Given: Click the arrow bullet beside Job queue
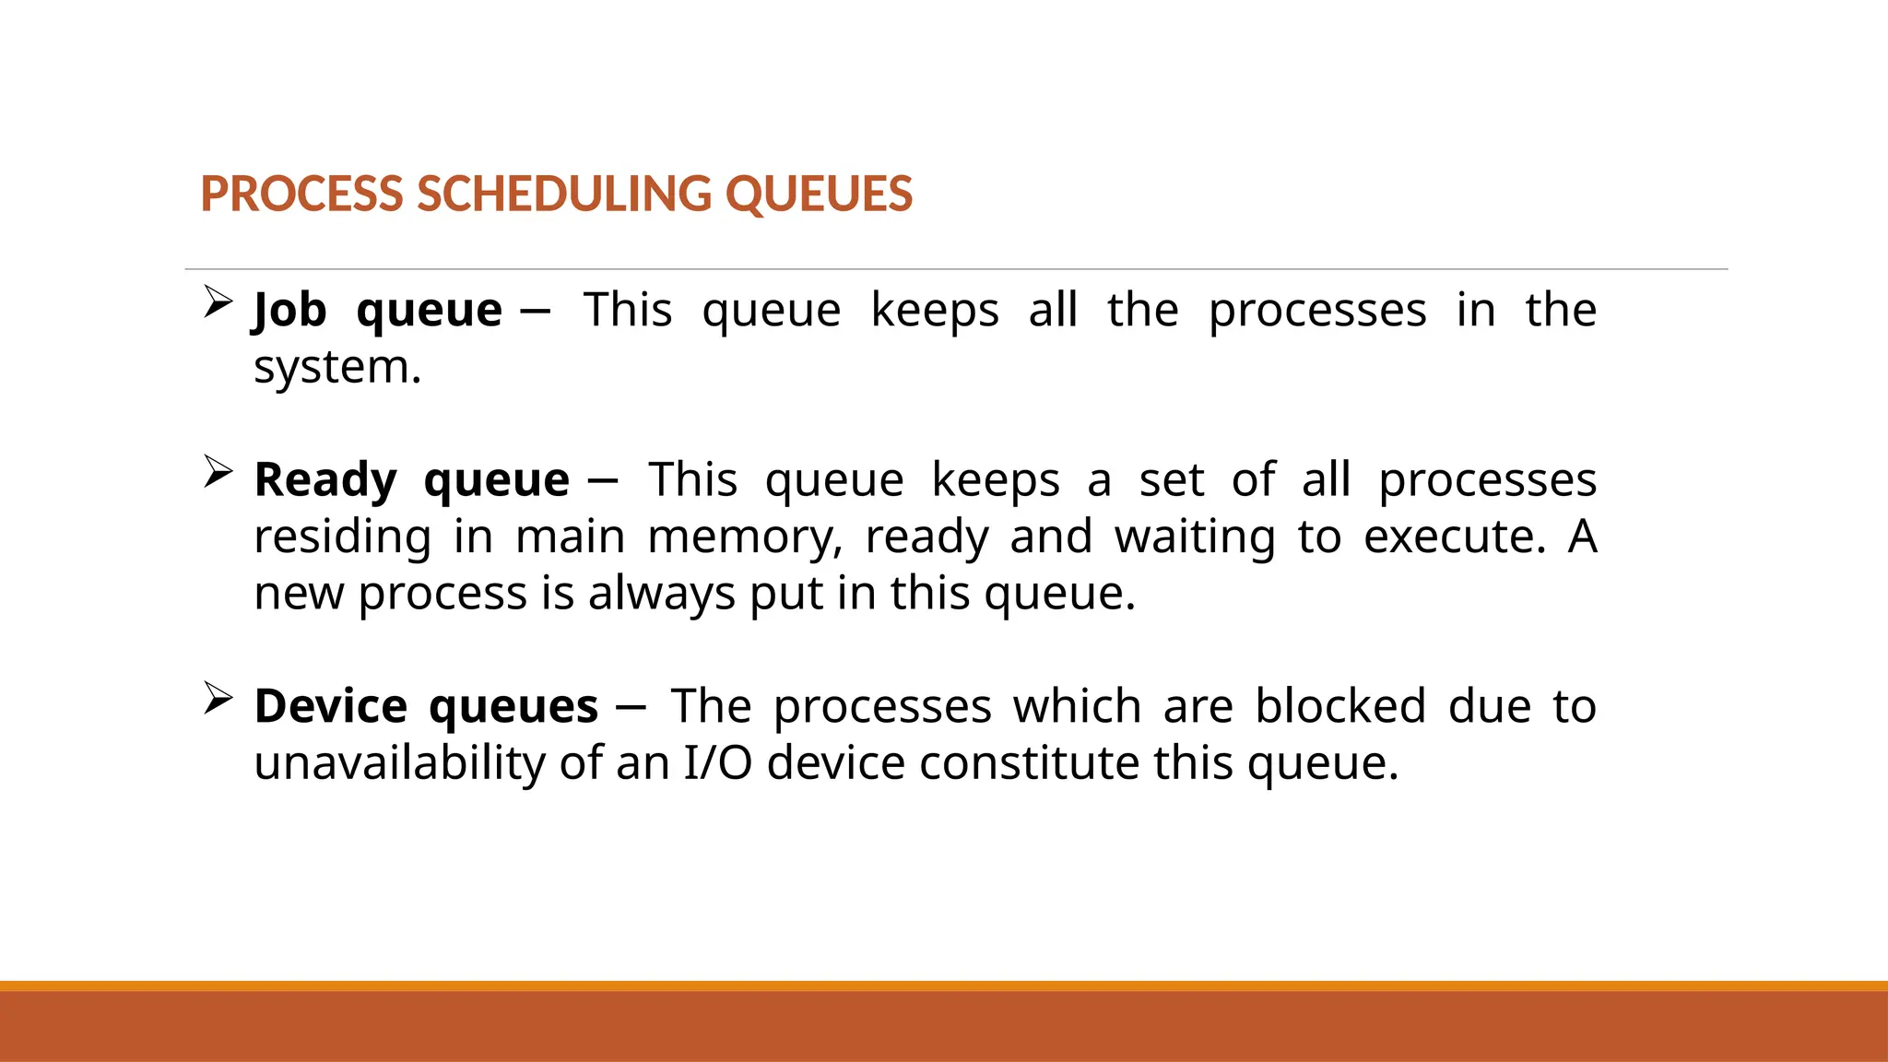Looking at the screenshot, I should click(218, 301).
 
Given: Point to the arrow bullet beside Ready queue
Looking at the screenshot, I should click(218, 471).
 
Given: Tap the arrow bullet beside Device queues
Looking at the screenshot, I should click(218, 698).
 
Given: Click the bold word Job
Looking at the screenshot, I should click(289, 310).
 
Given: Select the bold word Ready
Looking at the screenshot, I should click(325, 480).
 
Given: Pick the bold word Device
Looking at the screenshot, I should click(330, 707).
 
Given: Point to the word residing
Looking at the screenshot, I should click(342, 537).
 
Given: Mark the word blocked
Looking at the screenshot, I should click(1340, 707).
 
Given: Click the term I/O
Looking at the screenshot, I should click(717, 764).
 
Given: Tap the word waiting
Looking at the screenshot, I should click(1195, 537).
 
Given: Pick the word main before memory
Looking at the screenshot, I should click(570, 537).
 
